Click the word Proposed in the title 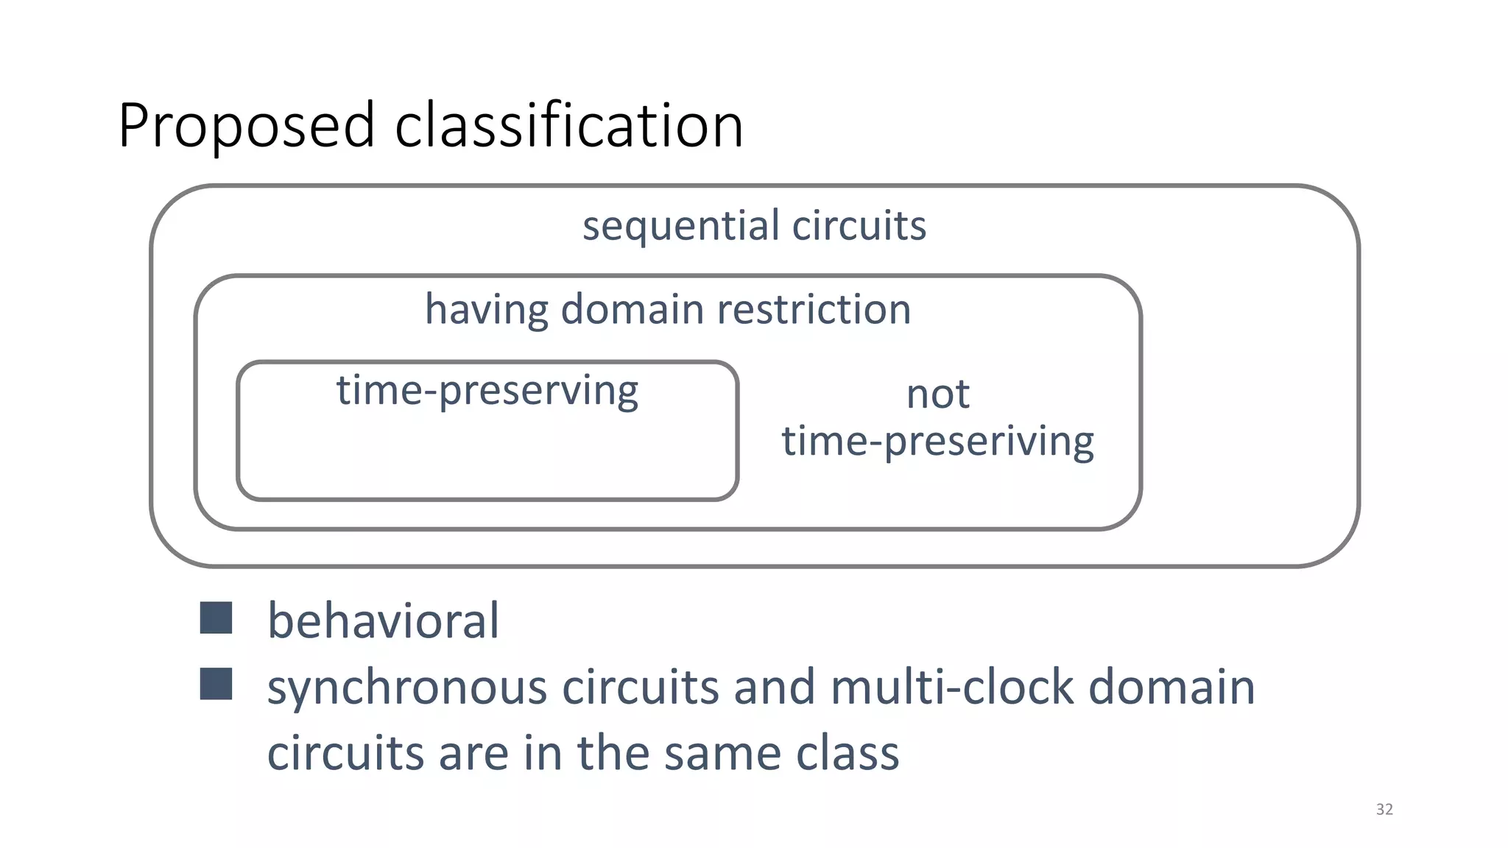[247, 127]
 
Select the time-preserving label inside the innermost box [487, 391]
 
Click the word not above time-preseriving [937, 395]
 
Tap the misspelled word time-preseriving [937, 442]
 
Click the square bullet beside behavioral [216, 618]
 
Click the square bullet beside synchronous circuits [216, 684]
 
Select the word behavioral [383, 621]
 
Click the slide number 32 [1384, 810]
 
